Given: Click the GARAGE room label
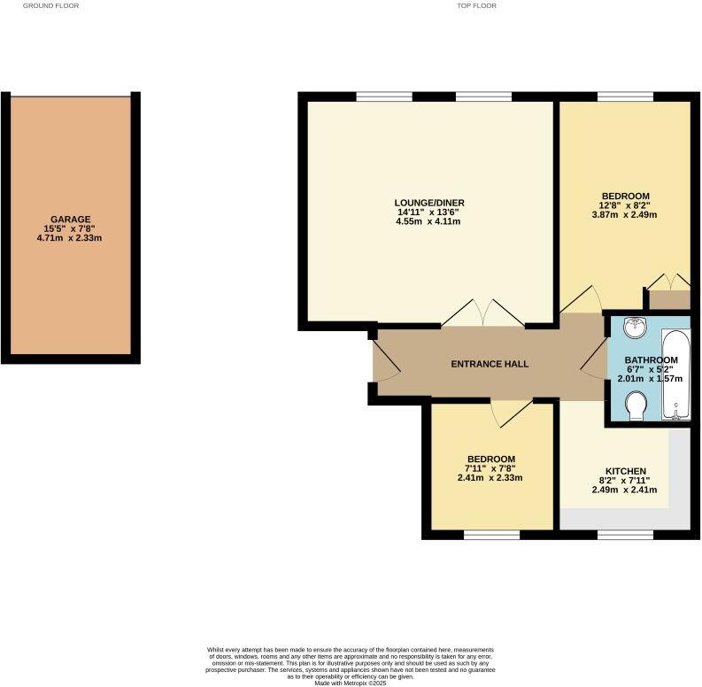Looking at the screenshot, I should pyautogui.click(x=70, y=220).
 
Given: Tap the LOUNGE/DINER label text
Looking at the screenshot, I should pyautogui.click(x=430, y=203).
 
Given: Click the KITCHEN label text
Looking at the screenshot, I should pyautogui.click(x=625, y=471).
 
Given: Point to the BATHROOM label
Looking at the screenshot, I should pyautogui.click(x=650, y=360).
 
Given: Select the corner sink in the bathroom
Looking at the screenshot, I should pyautogui.click(x=635, y=328).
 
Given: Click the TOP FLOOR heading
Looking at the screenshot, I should pyautogui.click(x=476, y=5).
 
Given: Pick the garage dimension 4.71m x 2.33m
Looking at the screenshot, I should pyautogui.click(x=70, y=238).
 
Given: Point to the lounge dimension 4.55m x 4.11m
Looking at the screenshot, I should pyautogui.click(x=430, y=221).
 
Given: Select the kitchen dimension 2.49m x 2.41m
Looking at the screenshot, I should pyautogui.click(x=625, y=490).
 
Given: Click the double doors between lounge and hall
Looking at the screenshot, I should pyautogui.click(x=480, y=313).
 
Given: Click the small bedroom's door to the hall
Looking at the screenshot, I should pyautogui.click(x=512, y=411).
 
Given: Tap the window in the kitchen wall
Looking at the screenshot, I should pyautogui.click(x=624, y=534).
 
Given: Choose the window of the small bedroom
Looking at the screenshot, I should pyautogui.click(x=491, y=534).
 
